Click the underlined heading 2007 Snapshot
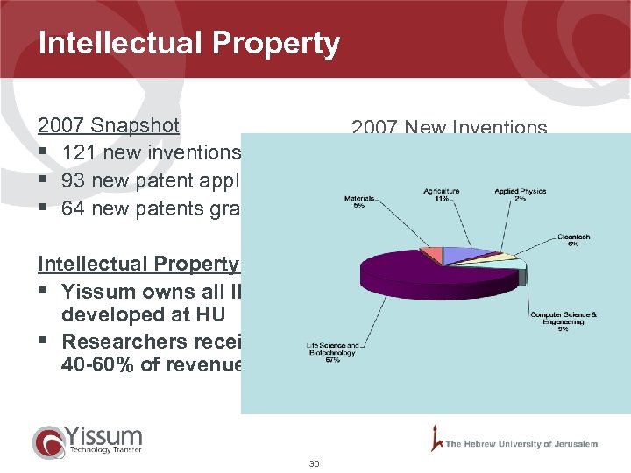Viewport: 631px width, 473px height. [x=108, y=125]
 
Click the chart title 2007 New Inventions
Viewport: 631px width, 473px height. [x=449, y=128]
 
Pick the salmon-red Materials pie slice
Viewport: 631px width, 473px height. [x=432, y=255]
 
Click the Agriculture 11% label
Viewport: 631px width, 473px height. [x=442, y=194]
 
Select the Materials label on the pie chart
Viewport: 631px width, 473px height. [x=359, y=202]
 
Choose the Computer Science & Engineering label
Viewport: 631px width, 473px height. [x=563, y=321]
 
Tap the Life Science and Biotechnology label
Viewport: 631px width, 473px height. [x=330, y=352]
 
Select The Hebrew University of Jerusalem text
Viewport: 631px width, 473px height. [x=521, y=444]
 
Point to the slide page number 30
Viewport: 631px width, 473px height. [x=315, y=463]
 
